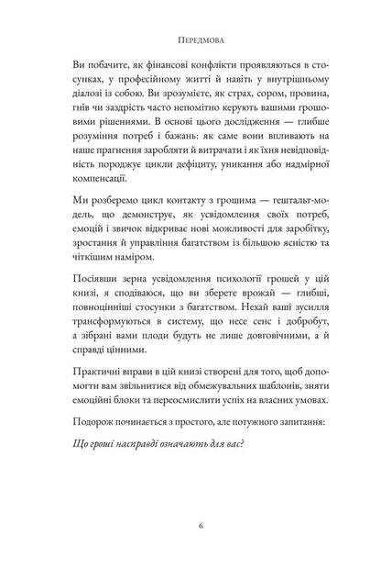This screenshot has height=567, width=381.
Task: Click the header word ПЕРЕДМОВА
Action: (190, 42)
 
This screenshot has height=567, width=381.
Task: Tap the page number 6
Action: (190, 528)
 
